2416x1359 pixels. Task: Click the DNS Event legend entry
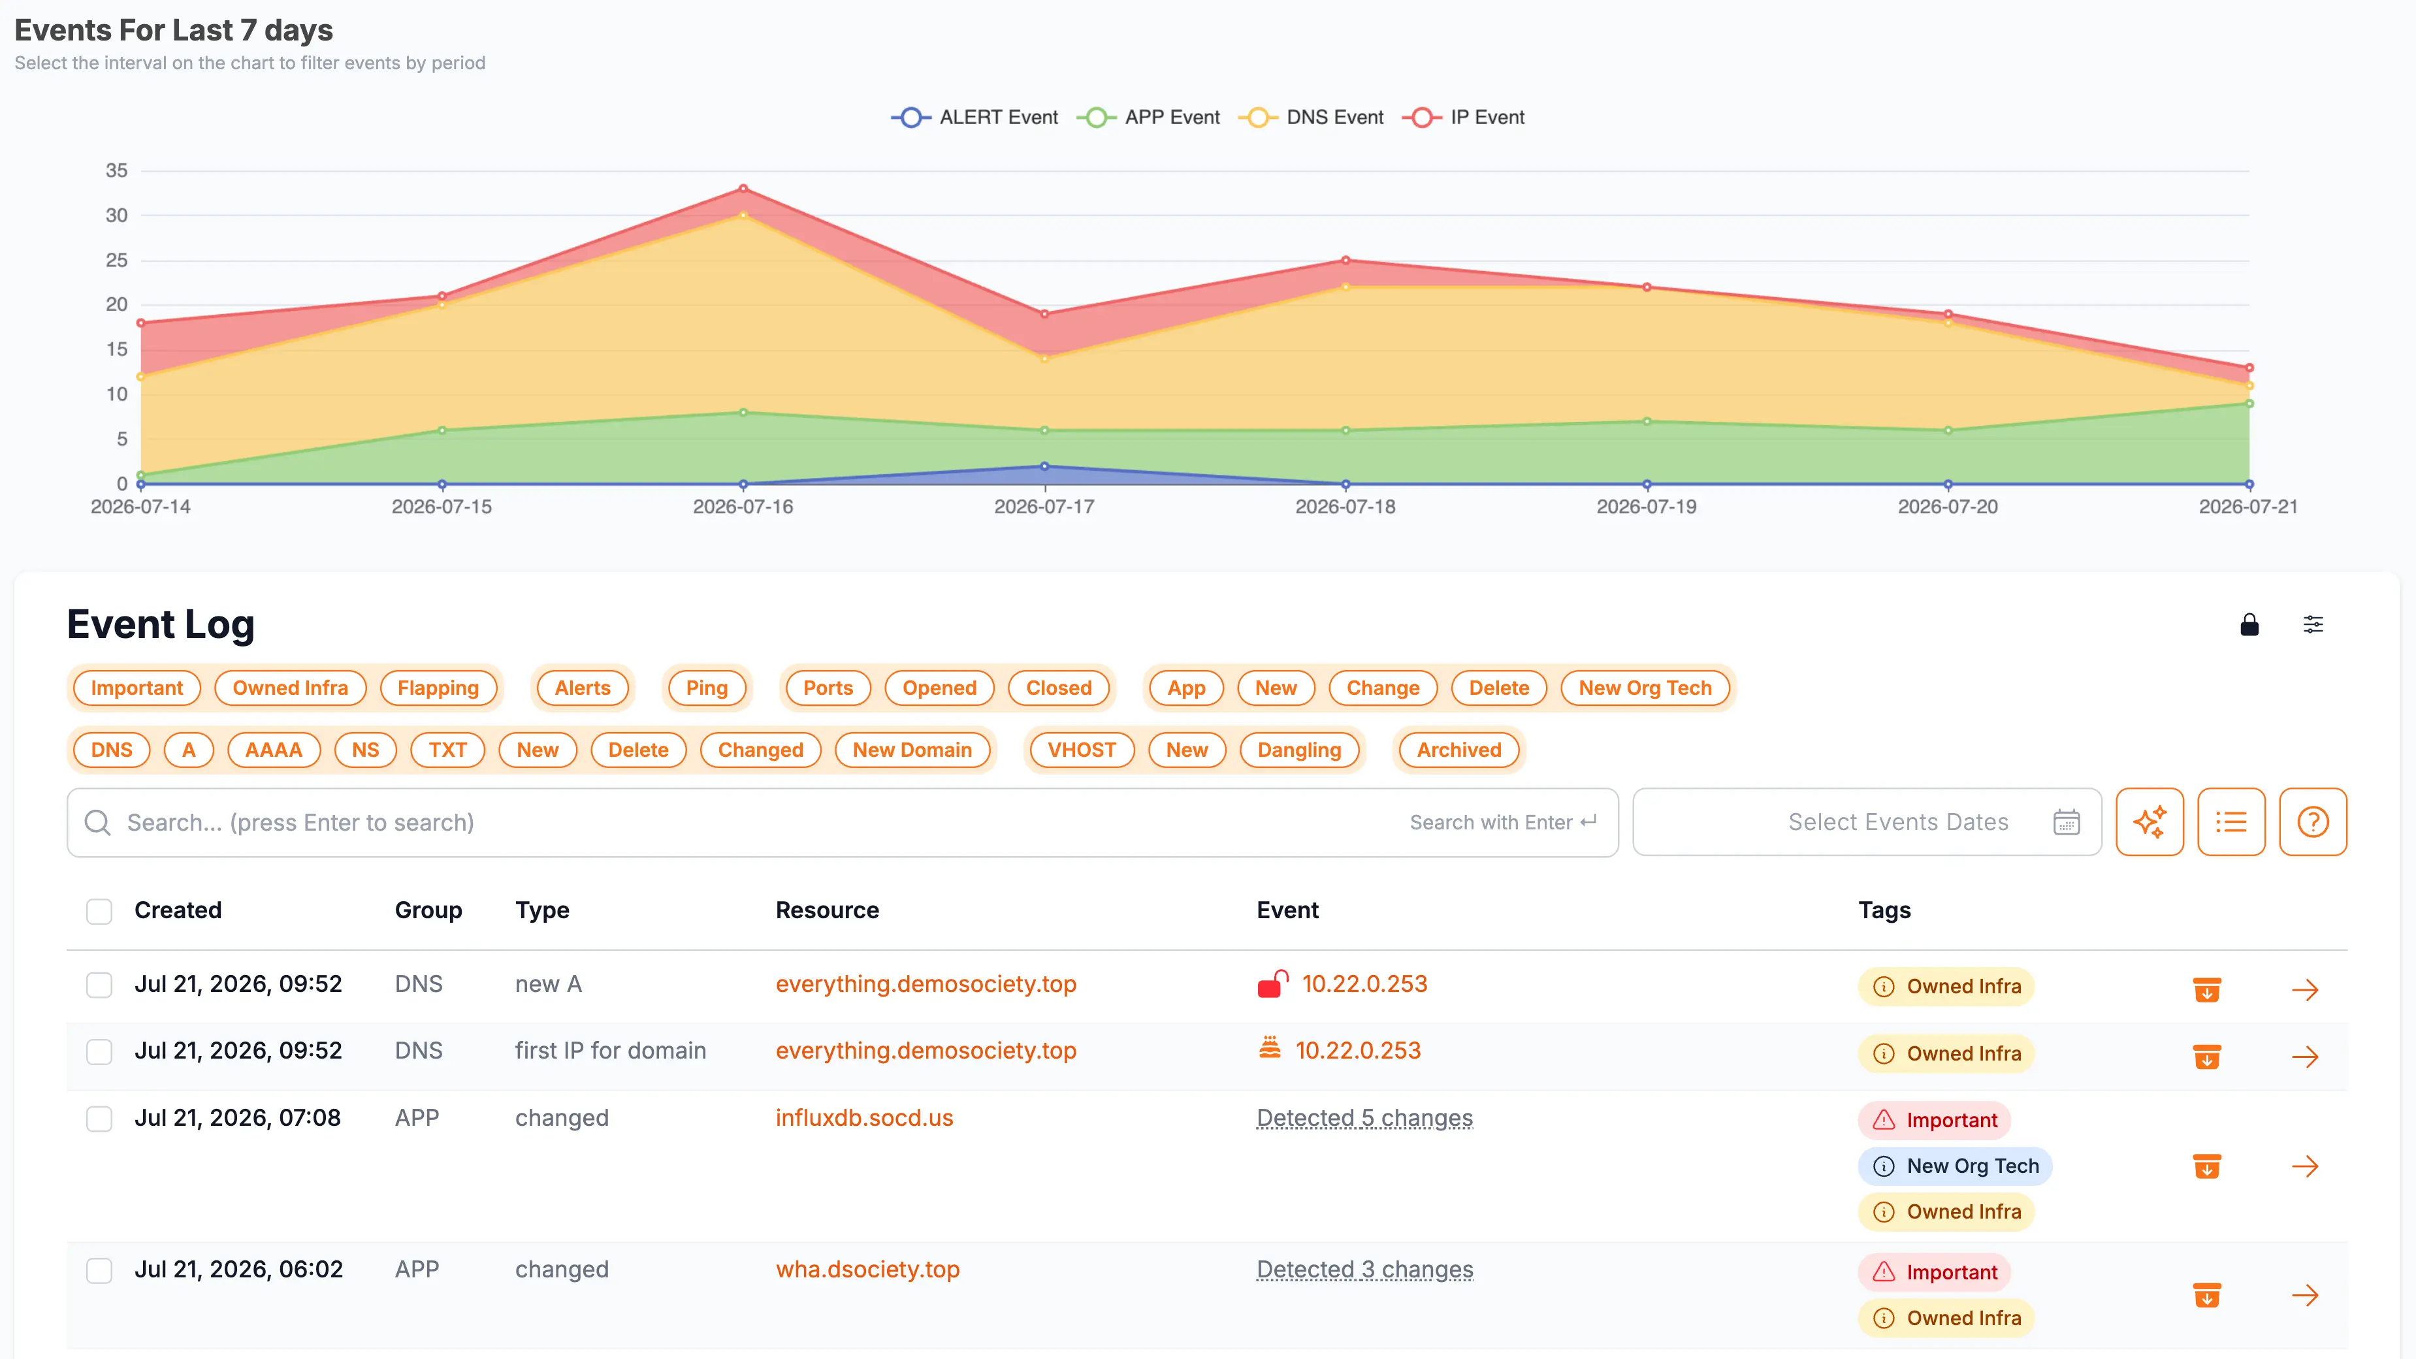click(1310, 118)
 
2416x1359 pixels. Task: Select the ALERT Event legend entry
click(974, 118)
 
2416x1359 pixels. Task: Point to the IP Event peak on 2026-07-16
click(743, 189)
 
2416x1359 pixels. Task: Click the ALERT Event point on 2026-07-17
click(1044, 466)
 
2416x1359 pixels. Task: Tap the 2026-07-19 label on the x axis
click(1646, 507)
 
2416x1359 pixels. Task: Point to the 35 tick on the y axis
click(116, 170)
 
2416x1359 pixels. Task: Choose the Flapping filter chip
click(438, 688)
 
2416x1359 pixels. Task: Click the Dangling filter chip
click(1299, 749)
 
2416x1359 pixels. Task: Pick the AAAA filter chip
click(274, 749)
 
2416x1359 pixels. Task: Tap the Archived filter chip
click(1458, 749)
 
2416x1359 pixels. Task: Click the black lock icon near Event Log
click(2249, 624)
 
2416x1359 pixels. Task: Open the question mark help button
click(2313, 822)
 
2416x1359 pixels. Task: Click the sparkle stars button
click(2150, 822)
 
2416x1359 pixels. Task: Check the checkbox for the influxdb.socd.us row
click(99, 1118)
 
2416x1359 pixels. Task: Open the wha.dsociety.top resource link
click(867, 1269)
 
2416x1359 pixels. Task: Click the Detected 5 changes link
click(1364, 1118)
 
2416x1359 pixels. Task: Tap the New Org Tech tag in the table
click(1956, 1166)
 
